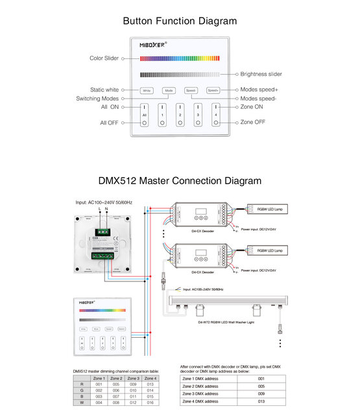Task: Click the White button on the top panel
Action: pyautogui.click(x=147, y=91)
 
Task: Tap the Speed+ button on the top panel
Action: pyautogui.click(x=214, y=91)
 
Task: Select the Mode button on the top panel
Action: pyautogui.click(x=169, y=91)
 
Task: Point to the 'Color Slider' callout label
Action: pyautogui.click(x=104, y=58)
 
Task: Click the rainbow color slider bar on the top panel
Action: pyautogui.click(x=180, y=58)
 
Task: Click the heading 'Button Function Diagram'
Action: pyautogui.click(x=180, y=21)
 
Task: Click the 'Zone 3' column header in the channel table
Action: pyautogui.click(x=133, y=377)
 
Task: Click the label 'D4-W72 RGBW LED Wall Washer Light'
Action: pyautogui.click(x=225, y=322)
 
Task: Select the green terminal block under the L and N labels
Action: pyautogui.click(x=103, y=229)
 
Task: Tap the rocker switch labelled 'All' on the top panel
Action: pyautogui.click(x=145, y=114)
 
